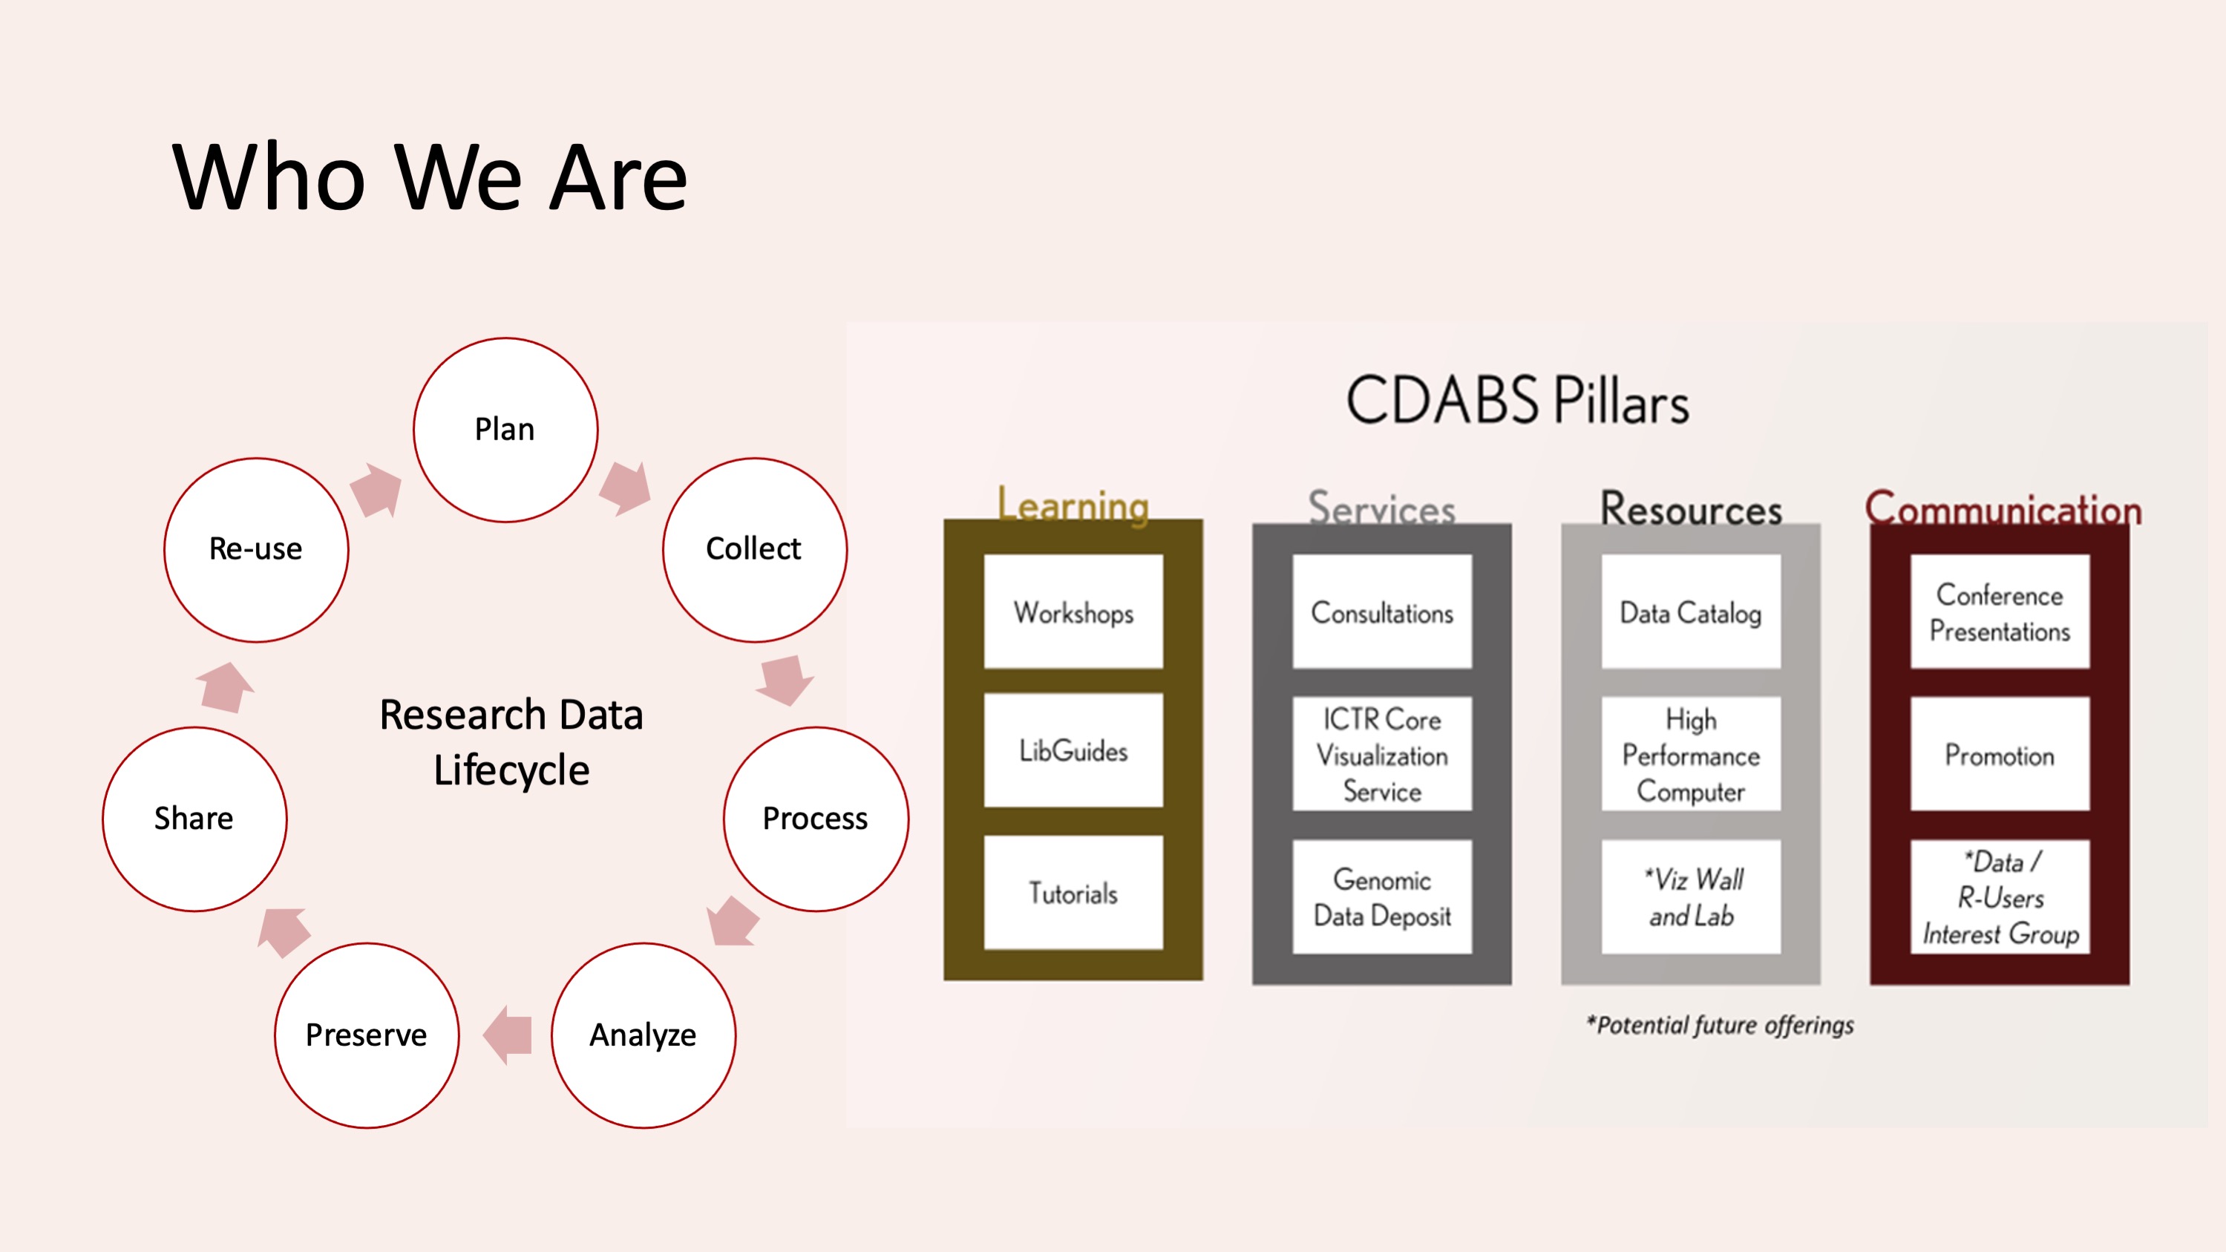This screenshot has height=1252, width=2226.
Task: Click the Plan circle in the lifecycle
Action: [505, 430]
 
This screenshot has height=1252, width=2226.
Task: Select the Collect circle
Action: [754, 549]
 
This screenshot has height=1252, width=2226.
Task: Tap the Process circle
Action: [816, 819]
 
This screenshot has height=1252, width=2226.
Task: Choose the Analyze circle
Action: [643, 1035]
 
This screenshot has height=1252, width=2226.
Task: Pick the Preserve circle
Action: [367, 1035]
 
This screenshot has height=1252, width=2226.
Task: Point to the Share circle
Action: [194, 819]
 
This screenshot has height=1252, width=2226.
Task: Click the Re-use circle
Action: [256, 549]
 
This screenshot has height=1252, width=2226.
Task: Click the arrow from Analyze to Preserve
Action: [508, 1035]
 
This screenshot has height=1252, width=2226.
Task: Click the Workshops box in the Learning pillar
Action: [1073, 612]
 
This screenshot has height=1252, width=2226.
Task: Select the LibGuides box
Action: [1073, 751]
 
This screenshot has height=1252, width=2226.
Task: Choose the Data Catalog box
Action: [1690, 612]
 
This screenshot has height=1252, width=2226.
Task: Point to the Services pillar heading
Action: [1382, 508]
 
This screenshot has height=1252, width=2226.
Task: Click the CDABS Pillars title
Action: [1517, 401]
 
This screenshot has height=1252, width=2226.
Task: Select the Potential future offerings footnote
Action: [1720, 1026]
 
